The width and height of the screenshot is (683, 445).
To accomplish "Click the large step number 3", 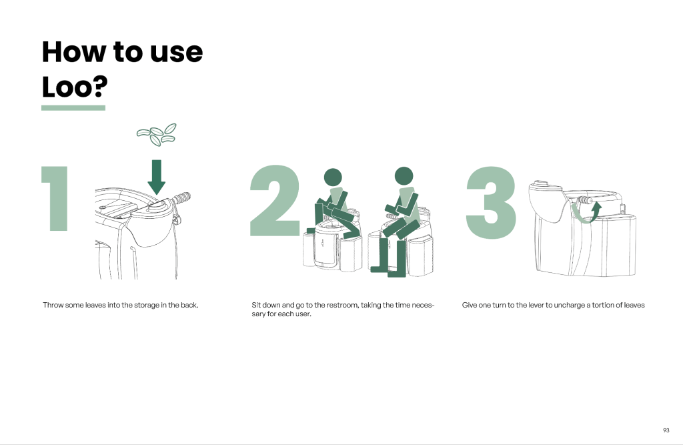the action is (491, 202).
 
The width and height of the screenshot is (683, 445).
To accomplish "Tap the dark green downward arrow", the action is (156, 177).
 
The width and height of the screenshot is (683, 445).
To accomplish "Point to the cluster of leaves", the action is (156, 134).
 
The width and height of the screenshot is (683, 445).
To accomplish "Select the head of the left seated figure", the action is (333, 177).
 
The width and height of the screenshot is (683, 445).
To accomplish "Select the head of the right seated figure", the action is (404, 175).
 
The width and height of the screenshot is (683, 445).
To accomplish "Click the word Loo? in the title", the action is (75, 87).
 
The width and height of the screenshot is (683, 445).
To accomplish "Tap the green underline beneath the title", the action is (73, 107).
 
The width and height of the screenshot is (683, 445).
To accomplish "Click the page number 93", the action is (666, 430).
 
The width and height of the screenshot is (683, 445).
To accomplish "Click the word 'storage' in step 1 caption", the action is (146, 305).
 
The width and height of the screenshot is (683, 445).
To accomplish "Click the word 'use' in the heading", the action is (176, 52).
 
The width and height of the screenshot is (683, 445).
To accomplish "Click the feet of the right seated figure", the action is (388, 272).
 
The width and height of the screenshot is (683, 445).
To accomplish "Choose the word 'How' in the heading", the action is (74, 52).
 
